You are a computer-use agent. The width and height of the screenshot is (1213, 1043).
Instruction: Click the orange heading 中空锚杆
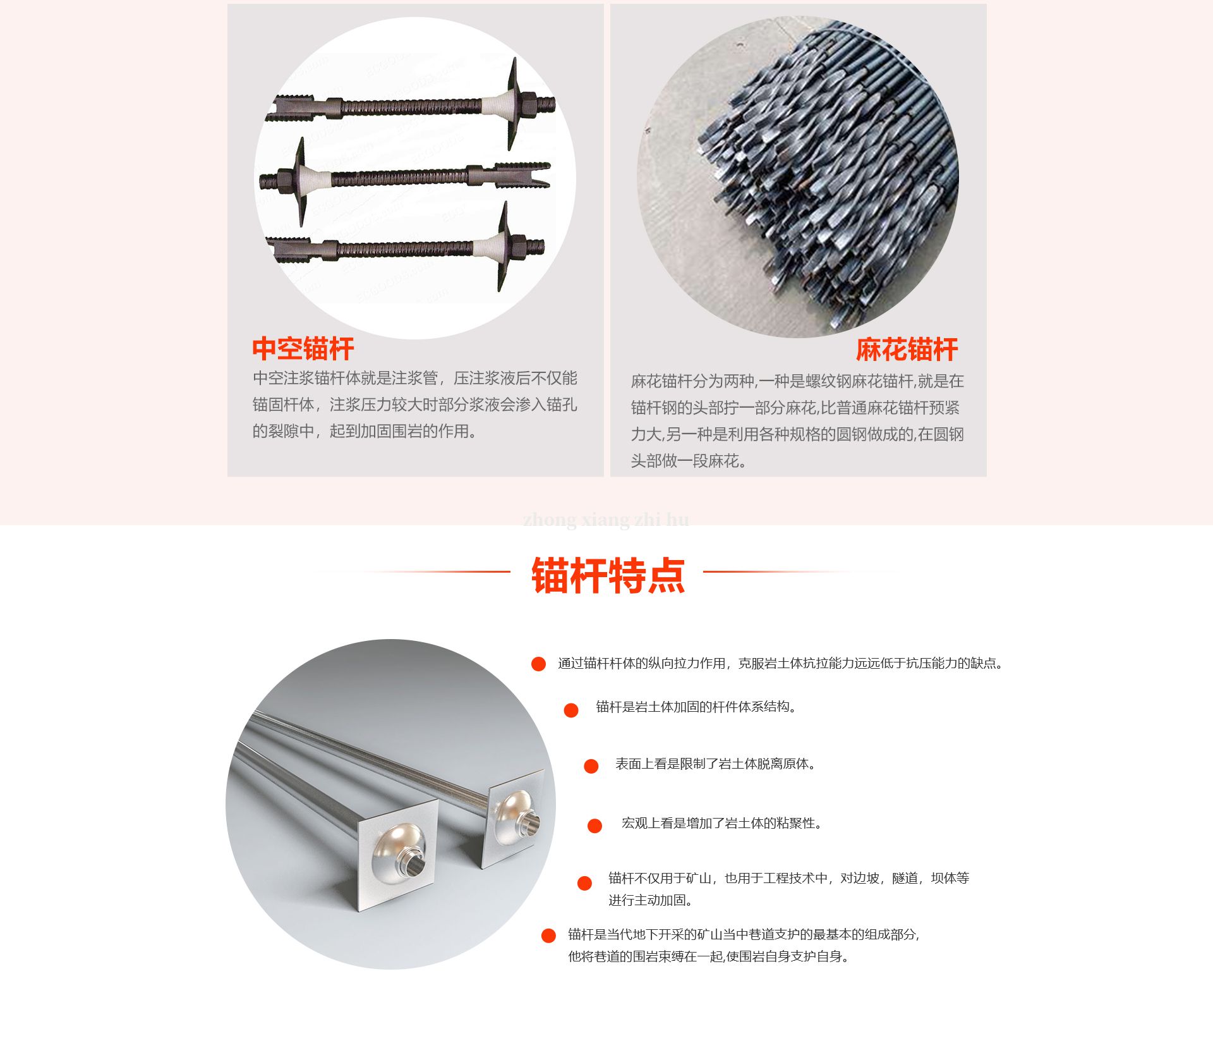303,349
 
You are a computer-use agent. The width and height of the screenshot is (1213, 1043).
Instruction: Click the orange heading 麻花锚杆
907,350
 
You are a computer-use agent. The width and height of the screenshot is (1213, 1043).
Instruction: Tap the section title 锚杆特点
608,575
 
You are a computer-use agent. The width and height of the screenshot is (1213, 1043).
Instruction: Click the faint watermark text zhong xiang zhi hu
606,520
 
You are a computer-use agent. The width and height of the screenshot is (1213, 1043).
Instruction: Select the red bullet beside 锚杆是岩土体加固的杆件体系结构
571,711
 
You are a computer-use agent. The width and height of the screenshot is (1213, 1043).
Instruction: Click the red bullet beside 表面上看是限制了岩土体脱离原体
591,767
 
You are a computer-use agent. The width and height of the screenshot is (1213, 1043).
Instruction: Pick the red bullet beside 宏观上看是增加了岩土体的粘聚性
594,826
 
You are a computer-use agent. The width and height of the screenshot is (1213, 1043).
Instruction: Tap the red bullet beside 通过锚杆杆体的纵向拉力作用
538,664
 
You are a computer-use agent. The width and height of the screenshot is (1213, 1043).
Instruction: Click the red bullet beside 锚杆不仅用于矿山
584,883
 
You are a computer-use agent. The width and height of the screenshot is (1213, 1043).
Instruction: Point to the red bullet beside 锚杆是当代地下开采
548,936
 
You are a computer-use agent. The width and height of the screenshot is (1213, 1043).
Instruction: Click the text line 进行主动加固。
650,900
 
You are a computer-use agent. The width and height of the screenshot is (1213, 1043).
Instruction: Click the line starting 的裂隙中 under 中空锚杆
365,431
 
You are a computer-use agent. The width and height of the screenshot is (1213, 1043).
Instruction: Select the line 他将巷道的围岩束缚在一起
708,956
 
